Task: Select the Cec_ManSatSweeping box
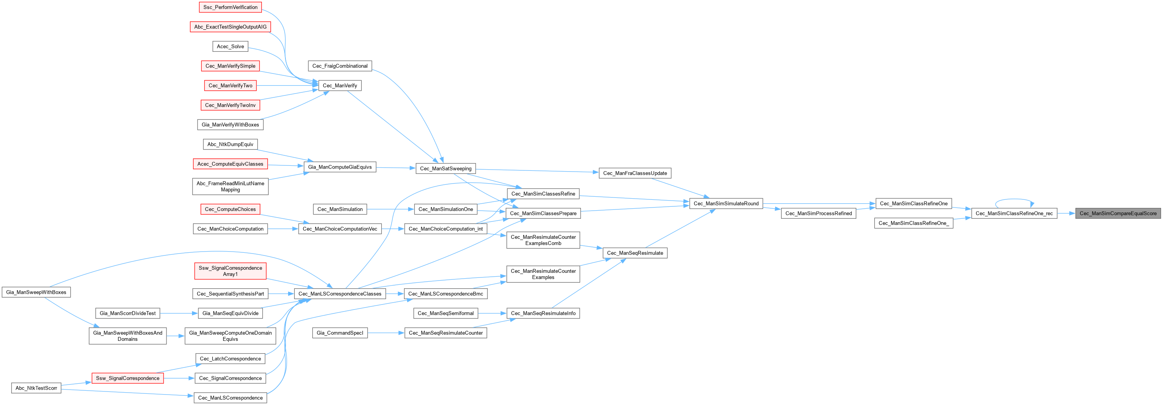(445, 169)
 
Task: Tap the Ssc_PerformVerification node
(230, 7)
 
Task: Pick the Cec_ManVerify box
(340, 86)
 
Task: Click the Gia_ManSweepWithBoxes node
(36, 292)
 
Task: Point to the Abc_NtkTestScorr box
(36, 388)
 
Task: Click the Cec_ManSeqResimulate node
(635, 253)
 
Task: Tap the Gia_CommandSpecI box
(340, 333)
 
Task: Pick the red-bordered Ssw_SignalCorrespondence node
(127, 378)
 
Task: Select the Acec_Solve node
(230, 46)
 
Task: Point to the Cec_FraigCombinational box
(340, 66)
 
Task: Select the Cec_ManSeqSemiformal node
(445, 313)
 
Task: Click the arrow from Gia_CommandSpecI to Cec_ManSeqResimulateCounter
(385, 333)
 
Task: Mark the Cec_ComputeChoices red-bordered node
(230, 209)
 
